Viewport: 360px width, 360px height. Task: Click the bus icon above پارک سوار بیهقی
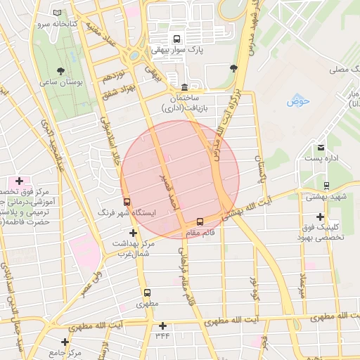pyautogui.click(x=176, y=39)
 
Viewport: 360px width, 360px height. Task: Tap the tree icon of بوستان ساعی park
pyautogui.click(x=61, y=70)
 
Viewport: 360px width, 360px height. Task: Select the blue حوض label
pyautogui.click(x=298, y=101)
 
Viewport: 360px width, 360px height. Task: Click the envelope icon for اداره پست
pyautogui.click(x=321, y=147)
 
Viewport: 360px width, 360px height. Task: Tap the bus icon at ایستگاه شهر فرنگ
pyautogui.click(x=127, y=200)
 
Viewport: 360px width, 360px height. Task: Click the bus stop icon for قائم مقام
pyautogui.click(x=200, y=221)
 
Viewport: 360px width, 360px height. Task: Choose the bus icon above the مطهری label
pyautogui.click(x=148, y=292)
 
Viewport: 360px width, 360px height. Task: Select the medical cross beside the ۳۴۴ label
pyautogui.click(x=163, y=325)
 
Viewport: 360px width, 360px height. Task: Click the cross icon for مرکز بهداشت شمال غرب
pyautogui.click(x=132, y=233)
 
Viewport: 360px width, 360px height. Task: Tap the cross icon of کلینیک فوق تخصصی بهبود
pyautogui.click(x=321, y=217)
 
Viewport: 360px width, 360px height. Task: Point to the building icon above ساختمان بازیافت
pyautogui.click(x=184, y=86)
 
